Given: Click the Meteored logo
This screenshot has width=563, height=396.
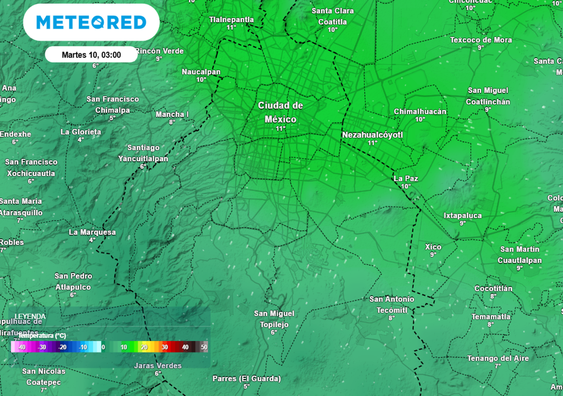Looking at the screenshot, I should pyautogui.click(x=91, y=23).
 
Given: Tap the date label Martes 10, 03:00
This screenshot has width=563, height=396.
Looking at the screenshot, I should pyautogui.click(x=91, y=54).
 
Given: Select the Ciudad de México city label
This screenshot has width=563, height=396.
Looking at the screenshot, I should pyautogui.click(x=280, y=112).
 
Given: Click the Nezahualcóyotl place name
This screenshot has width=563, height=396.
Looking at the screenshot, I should pyautogui.click(x=373, y=135).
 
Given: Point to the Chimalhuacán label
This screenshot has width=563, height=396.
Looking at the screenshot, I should pyautogui.click(x=420, y=112).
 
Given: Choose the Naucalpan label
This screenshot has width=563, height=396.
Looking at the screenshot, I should pyautogui.click(x=201, y=72).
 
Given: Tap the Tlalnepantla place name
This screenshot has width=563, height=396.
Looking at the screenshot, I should pyautogui.click(x=231, y=20).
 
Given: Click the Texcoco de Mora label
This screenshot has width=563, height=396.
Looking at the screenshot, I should pyautogui.click(x=481, y=40).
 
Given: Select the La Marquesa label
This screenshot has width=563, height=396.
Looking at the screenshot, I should pyautogui.click(x=92, y=232).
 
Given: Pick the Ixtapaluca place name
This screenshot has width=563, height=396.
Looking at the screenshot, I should pyautogui.click(x=463, y=216).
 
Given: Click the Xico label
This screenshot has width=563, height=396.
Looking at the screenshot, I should pyautogui.click(x=433, y=247).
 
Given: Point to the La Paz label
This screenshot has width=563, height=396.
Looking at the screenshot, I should pyautogui.click(x=406, y=178).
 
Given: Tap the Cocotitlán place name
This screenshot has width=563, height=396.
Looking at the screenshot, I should pyautogui.click(x=493, y=289).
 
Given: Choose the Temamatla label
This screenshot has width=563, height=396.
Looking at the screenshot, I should pyautogui.click(x=491, y=317).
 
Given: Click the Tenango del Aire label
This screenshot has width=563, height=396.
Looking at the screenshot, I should pyautogui.click(x=498, y=359).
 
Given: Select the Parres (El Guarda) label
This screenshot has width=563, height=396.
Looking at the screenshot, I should pyautogui.click(x=247, y=378).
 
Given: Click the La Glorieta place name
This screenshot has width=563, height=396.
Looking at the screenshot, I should pyautogui.click(x=81, y=132).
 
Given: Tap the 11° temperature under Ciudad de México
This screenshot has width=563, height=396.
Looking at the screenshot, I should pyautogui.click(x=280, y=129).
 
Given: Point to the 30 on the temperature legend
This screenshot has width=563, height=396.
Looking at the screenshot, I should pyautogui.click(x=164, y=347).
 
